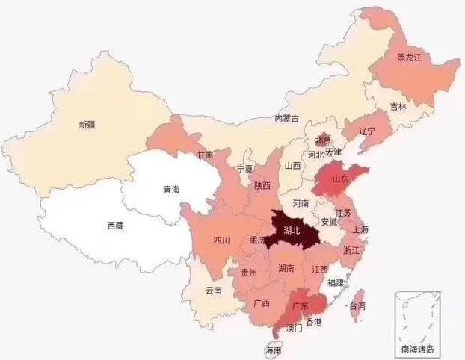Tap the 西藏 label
(116, 224)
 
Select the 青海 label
(172, 190)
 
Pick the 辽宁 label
(366, 131)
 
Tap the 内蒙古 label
(286, 118)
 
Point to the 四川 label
(221, 240)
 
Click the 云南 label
(212, 291)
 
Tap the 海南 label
(274, 350)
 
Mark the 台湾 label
(357, 306)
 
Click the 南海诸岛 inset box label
(417, 349)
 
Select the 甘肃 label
(205, 155)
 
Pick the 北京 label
(323, 139)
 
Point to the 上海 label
(360, 229)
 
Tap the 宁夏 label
(245, 169)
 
